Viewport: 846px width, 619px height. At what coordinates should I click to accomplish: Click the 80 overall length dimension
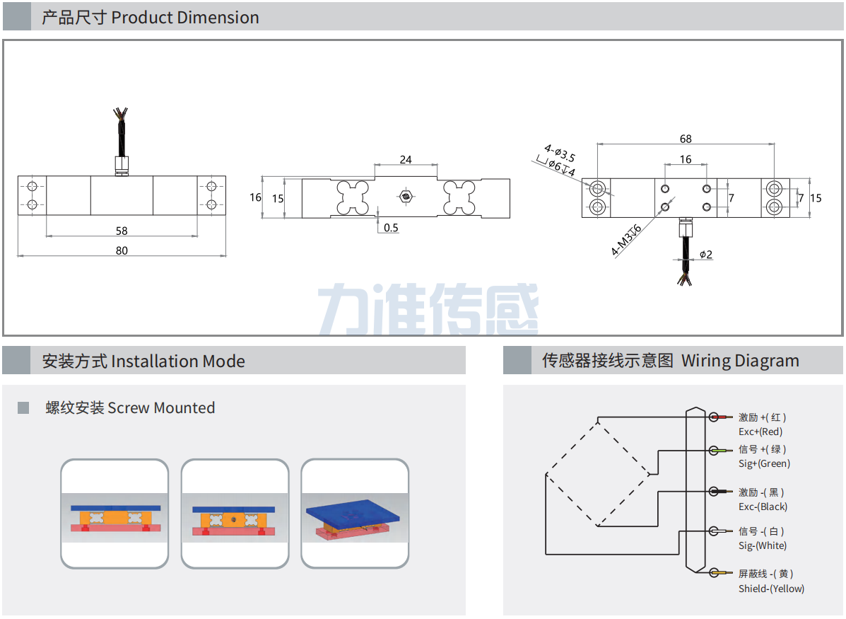pyautogui.click(x=122, y=250)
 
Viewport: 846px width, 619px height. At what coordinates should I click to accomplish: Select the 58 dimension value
pyautogui.click(x=122, y=231)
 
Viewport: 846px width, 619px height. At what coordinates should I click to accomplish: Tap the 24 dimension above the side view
pyautogui.click(x=405, y=160)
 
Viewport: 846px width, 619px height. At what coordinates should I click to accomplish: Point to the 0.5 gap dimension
pyautogui.click(x=391, y=228)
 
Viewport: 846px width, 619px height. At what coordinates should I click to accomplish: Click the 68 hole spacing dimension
pyautogui.click(x=686, y=139)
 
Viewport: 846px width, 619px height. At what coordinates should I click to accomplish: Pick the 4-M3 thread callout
pyautogui.click(x=626, y=240)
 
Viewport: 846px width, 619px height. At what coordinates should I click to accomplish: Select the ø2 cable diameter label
pyautogui.click(x=705, y=255)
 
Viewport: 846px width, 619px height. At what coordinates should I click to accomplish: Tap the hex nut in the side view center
pyautogui.click(x=405, y=196)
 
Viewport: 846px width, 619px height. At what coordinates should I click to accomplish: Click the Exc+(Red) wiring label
pyautogui.click(x=760, y=432)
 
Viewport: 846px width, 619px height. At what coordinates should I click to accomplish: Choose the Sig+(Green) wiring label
pyautogui.click(x=764, y=463)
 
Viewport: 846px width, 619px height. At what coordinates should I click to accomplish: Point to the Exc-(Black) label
pyautogui.click(x=763, y=507)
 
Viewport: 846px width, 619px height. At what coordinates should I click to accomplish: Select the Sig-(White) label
pyautogui.click(x=763, y=545)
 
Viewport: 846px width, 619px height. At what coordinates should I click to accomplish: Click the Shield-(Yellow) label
pyautogui.click(x=771, y=589)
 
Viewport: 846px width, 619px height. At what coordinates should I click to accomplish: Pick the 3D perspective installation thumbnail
pyautogui.click(x=356, y=514)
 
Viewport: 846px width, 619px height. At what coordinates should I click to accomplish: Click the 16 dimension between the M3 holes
pyautogui.click(x=686, y=159)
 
